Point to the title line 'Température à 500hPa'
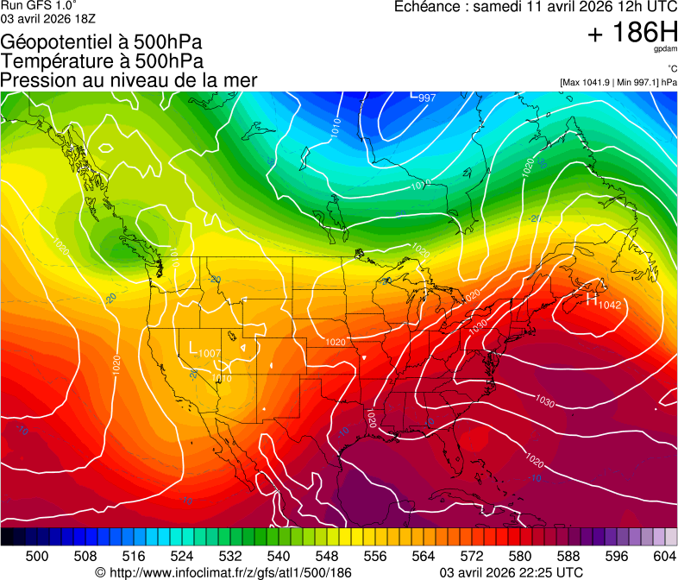tap(102, 61)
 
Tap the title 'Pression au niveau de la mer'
tap(129, 80)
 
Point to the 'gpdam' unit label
tap(665, 50)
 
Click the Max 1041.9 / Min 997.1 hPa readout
tap(618, 82)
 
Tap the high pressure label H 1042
tap(603, 302)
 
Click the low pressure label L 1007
tap(204, 351)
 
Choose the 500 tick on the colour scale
tap(37, 556)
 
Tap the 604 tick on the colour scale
tap(664, 556)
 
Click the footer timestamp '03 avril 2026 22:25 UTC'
tap(512, 572)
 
